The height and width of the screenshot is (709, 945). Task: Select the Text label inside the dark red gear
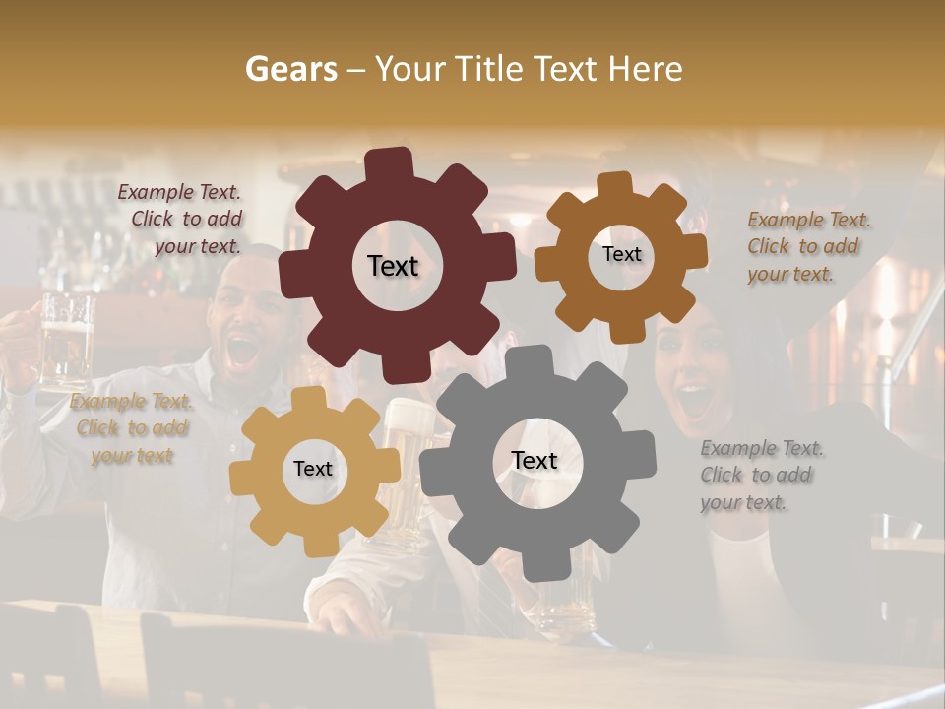click(393, 266)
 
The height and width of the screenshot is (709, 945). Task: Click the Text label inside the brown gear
click(621, 254)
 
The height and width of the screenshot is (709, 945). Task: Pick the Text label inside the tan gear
click(312, 470)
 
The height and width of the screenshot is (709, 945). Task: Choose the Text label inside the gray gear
click(534, 460)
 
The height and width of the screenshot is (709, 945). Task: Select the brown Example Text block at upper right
click(807, 246)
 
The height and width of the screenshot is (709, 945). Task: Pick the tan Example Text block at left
click(132, 428)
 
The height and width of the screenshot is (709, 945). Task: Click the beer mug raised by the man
click(67, 340)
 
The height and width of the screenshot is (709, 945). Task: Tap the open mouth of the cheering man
click(241, 348)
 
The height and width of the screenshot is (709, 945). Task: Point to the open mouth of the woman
click(695, 400)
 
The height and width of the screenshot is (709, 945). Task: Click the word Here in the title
click(646, 69)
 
